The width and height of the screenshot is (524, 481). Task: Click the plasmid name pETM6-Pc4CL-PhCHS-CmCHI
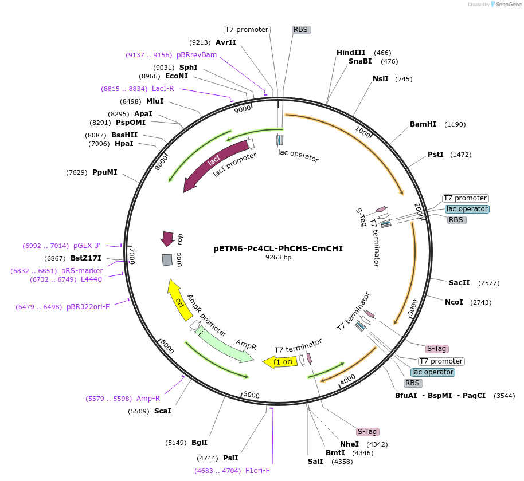pyautogui.click(x=278, y=249)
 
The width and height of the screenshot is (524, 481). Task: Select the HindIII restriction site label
pyautogui.click(x=351, y=53)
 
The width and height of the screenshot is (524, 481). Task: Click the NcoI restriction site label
pyautogui.click(x=453, y=302)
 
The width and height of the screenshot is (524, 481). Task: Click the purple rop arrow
pyautogui.click(x=167, y=238)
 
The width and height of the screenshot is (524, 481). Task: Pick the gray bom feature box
pyautogui.click(x=167, y=260)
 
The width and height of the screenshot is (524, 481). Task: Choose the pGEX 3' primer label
pyautogui.click(x=87, y=246)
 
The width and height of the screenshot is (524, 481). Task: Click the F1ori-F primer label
pyautogui.click(x=257, y=471)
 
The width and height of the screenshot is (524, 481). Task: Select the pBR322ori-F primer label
pyautogui.click(x=88, y=307)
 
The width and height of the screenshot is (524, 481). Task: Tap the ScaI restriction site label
pyautogui.click(x=163, y=411)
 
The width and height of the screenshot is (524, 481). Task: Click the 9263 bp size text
pyautogui.click(x=278, y=258)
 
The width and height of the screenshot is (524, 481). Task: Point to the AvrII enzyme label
pyautogui.click(x=226, y=42)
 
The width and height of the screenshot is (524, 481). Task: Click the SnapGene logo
pyautogui.click(x=506, y=5)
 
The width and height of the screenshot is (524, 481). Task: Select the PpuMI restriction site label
pyautogui.click(x=104, y=172)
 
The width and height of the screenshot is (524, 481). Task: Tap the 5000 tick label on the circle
pyautogui.click(x=252, y=395)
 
